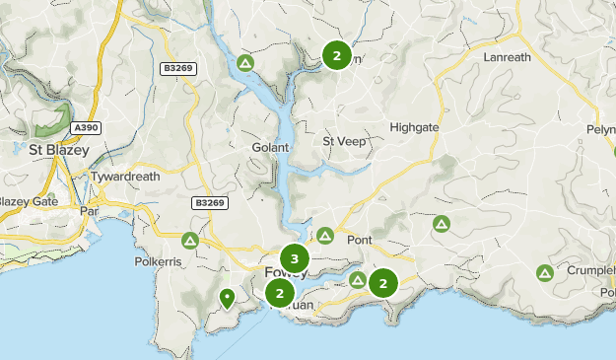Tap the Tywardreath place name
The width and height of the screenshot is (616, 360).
click(x=125, y=177)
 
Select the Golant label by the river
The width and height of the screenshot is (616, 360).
click(x=270, y=147)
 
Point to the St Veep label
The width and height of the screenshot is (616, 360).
click(x=343, y=141)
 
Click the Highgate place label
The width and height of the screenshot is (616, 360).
click(x=415, y=127)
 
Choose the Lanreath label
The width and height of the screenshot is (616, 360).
click(x=508, y=58)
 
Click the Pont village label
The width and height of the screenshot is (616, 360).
click(x=359, y=240)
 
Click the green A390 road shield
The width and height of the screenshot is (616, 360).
click(x=86, y=128)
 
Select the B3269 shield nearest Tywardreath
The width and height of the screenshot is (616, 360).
click(x=209, y=202)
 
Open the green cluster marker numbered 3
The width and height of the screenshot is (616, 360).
click(x=294, y=259)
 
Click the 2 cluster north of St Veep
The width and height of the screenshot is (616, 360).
click(x=336, y=55)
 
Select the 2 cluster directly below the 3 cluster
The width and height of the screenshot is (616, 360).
click(x=280, y=293)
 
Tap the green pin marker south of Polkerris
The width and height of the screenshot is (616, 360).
click(x=228, y=296)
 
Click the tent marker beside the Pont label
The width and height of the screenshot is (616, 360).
click(x=325, y=236)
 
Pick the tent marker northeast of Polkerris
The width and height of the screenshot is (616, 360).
click(x=190, y=240)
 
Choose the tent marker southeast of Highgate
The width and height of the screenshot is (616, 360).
click(x=441, y=225)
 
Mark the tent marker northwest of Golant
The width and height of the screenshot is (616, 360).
click(x=245, y=64)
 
